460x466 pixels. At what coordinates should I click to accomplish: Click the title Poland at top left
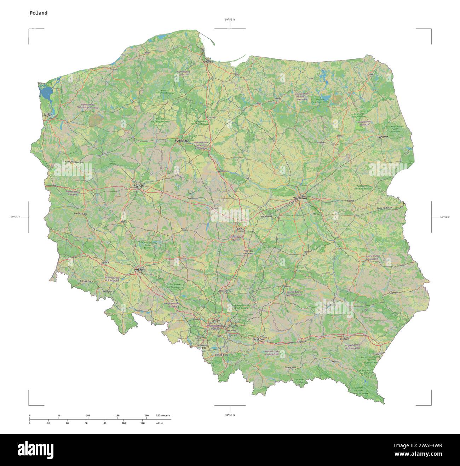[x=38, y=13]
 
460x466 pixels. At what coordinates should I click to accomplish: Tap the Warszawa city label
[x=300, y=198]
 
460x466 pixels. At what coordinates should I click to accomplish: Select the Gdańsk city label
[x=208, y=62]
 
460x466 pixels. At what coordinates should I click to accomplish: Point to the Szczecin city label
[x=48, y=115]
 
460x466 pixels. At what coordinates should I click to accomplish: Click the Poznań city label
[x=138, y=186]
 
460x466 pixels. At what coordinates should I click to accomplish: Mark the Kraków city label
[x=259, y=339]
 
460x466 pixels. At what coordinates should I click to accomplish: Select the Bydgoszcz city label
[x=182, y=141]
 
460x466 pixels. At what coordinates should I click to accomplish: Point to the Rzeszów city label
[x=344, y=339]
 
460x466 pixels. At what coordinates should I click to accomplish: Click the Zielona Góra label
[x=81, y=214]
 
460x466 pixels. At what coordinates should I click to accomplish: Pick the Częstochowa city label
[x=225, y=291]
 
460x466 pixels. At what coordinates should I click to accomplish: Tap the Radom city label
[x=307, y=252]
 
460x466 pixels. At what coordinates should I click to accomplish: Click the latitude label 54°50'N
[x=230, y=19]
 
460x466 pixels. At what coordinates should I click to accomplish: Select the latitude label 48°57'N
[x=230, y=415]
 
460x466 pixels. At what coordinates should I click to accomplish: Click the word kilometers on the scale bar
[x=163, y=415]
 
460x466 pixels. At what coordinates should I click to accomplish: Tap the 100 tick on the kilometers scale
[x=88, y=415]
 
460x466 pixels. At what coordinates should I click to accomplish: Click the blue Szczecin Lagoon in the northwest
[x=45, y=93]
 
